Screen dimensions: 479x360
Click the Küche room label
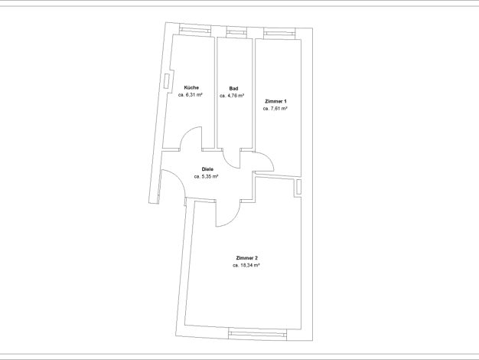click(191, 88)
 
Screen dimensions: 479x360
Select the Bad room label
click(233, 89)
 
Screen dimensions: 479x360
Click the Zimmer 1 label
click(276, 101)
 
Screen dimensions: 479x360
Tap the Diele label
click(207, 169)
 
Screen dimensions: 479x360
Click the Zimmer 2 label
click(247, 258)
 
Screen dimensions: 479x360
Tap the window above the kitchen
click(195, 30)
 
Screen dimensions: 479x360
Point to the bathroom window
click(236, 32)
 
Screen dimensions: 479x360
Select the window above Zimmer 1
click(279, 34)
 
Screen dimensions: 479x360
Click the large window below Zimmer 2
click(258, 335)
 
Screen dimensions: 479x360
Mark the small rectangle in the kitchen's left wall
click(167, 81)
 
